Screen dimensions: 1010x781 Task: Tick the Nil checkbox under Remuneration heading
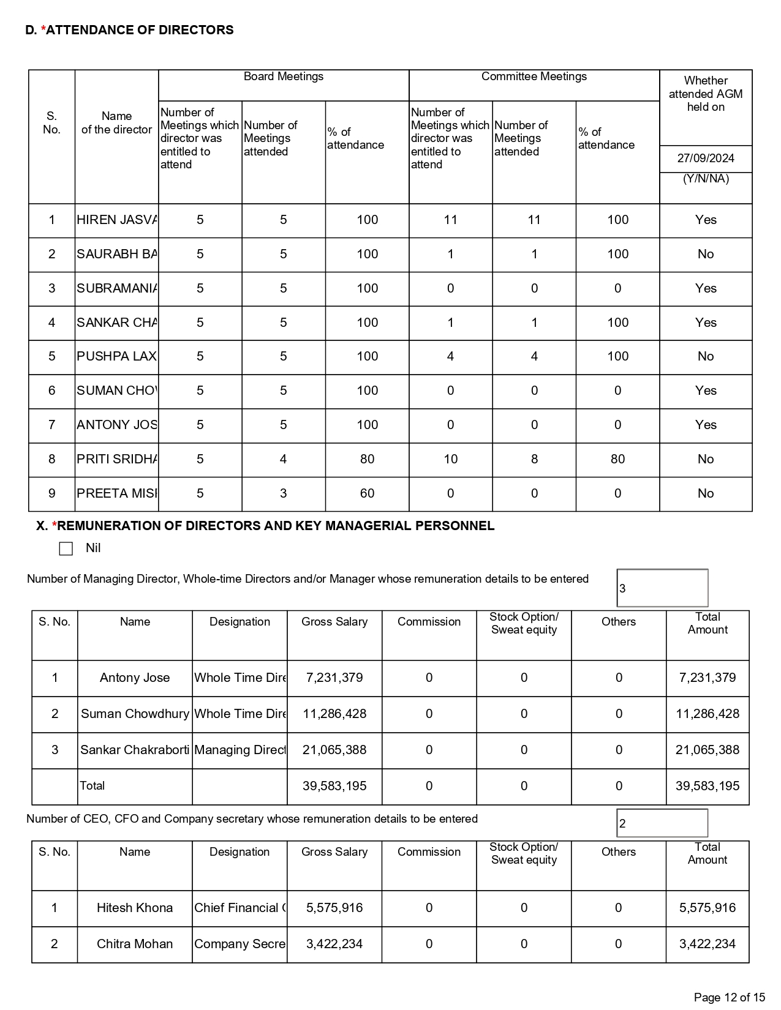point(66,548)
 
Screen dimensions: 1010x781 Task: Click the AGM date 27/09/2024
point(706,159)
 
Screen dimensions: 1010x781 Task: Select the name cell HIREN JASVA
point(116,220)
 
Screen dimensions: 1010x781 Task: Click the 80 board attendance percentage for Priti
point(367,459)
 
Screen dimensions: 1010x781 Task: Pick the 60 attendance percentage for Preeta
point(367,493)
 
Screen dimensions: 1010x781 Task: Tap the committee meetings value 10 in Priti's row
point(450,459)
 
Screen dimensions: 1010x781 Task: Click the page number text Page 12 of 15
point(730,997)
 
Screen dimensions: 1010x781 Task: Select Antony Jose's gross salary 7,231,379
point(334,678)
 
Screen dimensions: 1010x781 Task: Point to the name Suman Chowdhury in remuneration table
point(135,714)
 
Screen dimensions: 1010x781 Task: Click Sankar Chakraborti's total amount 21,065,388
point(707,750)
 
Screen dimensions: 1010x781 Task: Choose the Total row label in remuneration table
point(92,786)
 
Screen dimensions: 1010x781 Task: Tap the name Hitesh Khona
point(135,908)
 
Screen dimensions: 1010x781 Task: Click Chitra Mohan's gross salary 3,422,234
point(334,944)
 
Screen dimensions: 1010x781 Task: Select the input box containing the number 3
point(662,588)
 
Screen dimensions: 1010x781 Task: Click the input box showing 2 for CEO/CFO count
point(662,823)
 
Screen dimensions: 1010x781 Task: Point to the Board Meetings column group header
point(284,77)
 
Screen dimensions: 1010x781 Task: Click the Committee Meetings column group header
point(534,77)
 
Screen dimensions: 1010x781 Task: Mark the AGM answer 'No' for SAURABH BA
point(706,254)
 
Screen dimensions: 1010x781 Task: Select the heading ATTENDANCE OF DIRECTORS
point(140,30)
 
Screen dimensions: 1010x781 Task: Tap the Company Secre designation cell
point(240,944)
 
